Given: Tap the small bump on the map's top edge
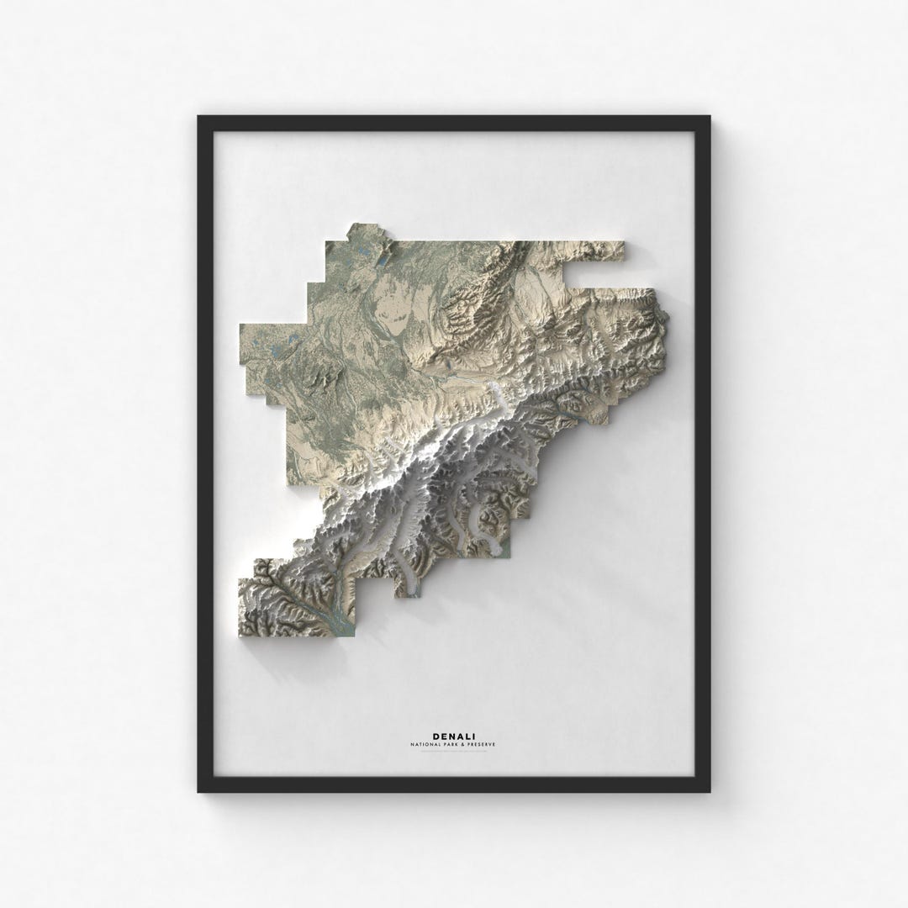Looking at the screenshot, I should pos(366,230).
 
